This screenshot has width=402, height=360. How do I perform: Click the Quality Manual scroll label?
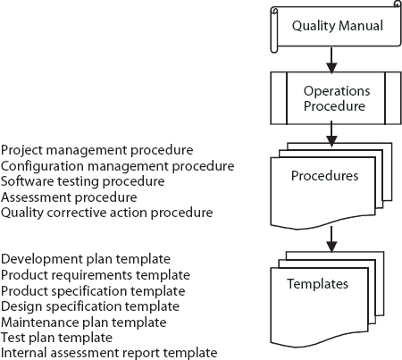pyautogui.click(x=338, y=26)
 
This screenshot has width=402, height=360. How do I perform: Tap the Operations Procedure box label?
pyautogui.click(x=337, y=98)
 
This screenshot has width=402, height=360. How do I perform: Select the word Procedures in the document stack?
pyautogui.click(x=325, y=176)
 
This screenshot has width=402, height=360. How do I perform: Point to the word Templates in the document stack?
pyautogui.click(x=317, y=284)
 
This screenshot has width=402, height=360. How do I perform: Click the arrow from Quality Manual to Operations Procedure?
pyautogui.click(x=331, y=60)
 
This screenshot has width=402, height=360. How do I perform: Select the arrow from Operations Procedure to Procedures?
pyautogui.click(x=331, y=134)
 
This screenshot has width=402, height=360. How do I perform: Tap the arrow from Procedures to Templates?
pyautogui.click(x=331, y=239)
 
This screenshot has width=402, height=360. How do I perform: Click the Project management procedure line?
pyautogui.click(x=97, y=150)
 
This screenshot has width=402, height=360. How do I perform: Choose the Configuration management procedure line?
pyautogui.click(x=118, y=166)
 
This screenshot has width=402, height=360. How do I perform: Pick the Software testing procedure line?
pyautogui.click(x=83, y=181)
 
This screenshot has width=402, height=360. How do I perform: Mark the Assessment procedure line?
pyautogui.click(x=69, y=197)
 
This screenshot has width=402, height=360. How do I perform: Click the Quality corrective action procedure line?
pyautogui.click(x=107, y=213)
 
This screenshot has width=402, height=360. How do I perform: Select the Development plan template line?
pyautogui.click(x=86, y=259)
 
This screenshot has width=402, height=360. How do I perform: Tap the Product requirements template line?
pyautogui.click(x=96, y=275)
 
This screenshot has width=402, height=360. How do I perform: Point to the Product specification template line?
pyautogui.click(x=93, y=291)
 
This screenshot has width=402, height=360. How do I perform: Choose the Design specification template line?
pyautogui.click(x=90, y=306)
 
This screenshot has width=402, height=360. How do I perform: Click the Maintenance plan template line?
pyautogui.click(x=84, y=322)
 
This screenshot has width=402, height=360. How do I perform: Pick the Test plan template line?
pyautogui.click(x=56, y=338)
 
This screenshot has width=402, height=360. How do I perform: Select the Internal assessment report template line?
pyautogui.click(x=109, y=353)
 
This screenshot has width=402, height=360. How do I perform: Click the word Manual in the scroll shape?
pyautogui.click(x=361, y=26)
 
